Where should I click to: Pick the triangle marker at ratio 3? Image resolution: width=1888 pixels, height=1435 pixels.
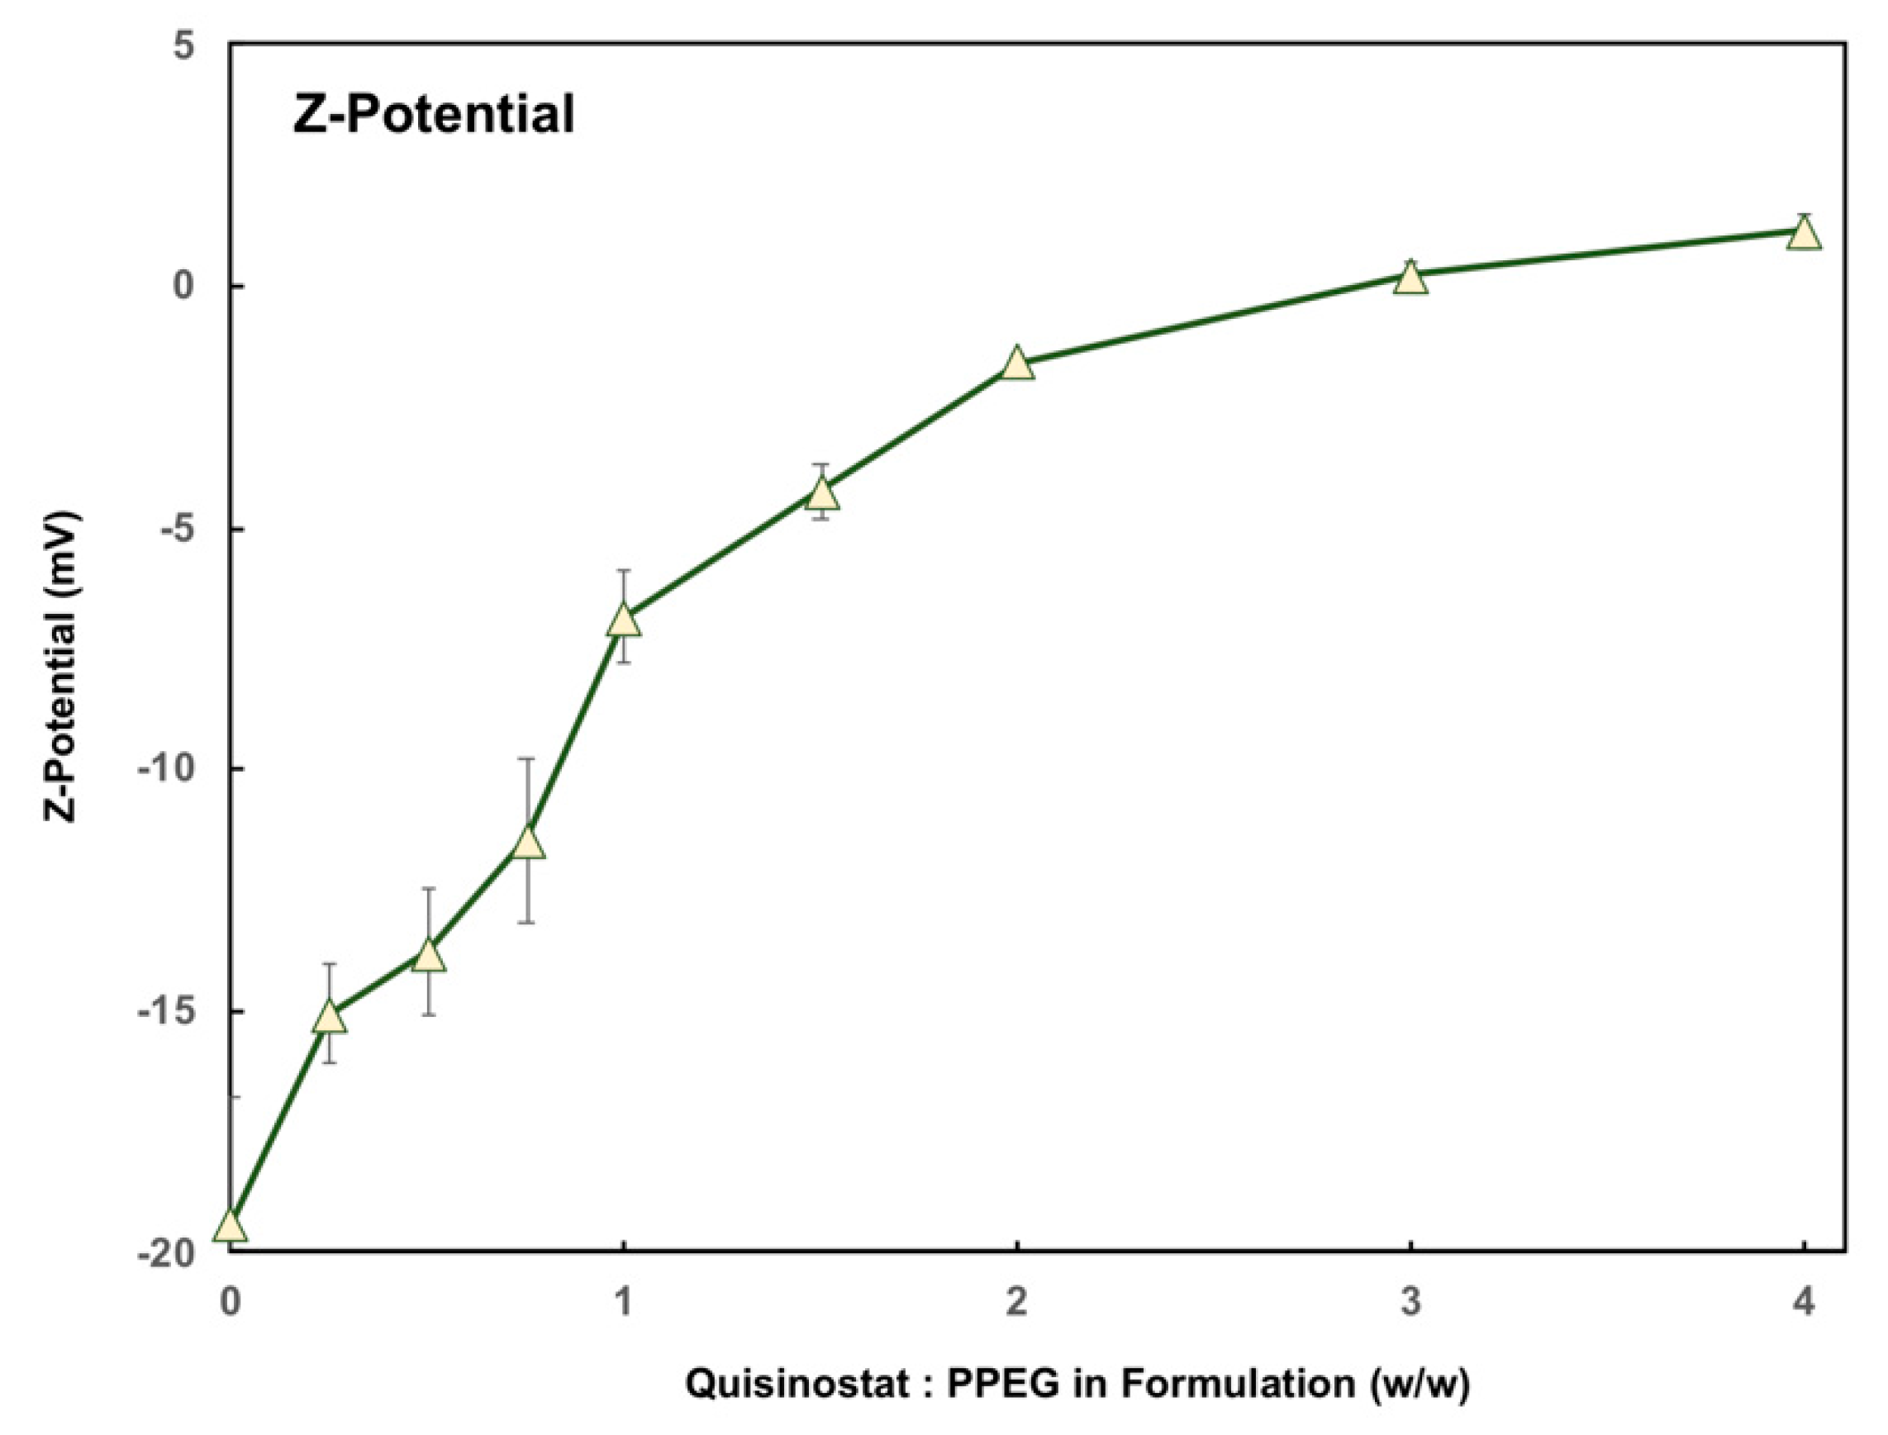(1410, 278)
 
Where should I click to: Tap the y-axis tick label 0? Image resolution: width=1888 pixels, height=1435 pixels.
(183, 286)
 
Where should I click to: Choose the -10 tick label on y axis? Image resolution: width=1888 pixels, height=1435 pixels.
(167, 769)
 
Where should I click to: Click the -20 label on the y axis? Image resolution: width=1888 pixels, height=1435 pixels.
(167, 1253)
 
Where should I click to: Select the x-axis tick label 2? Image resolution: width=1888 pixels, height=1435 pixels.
(1016, 1303)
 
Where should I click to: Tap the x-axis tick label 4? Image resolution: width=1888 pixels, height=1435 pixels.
(1804, 1303)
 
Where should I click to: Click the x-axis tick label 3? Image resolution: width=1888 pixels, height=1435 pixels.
(1410, 1303)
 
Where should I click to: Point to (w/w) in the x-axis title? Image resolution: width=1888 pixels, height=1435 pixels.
(1418, 1383)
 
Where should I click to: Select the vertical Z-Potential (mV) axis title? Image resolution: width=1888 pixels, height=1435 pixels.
(61, 666)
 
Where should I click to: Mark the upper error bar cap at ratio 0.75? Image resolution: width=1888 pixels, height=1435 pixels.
(528, 758)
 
